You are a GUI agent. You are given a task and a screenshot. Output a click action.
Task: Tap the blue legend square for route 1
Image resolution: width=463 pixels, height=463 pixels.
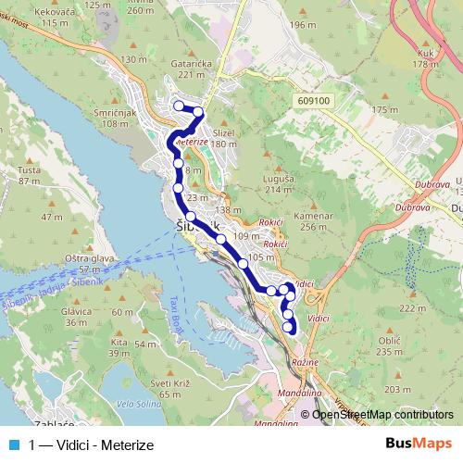point(12,444)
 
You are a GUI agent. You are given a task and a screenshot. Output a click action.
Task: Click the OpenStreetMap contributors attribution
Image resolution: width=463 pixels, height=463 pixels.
point(383,415)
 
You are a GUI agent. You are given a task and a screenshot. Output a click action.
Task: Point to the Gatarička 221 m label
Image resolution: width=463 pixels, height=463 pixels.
point(186,70)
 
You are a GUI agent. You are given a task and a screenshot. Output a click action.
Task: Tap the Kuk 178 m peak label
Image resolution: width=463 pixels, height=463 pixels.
point(426,58)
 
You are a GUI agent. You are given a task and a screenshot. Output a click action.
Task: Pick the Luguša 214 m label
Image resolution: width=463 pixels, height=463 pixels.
point(279,183)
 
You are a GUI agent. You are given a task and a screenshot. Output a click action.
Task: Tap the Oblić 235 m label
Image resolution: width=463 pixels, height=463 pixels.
point(388,346)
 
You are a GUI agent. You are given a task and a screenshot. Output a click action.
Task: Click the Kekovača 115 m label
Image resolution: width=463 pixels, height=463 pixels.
point(50,17)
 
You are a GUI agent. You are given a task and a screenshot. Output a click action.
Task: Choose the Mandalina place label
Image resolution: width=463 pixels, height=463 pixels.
point(300,393)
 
